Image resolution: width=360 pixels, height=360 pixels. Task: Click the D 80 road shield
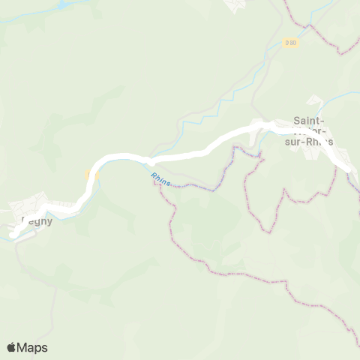tap(290, 43)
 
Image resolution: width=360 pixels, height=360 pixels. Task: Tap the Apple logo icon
tap(12, 347)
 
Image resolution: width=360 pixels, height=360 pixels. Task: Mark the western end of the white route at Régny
tap(13, 235)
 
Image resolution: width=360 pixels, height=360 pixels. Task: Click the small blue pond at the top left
tap(64, 4)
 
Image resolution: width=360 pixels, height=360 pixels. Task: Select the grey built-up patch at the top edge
tap(237, 5)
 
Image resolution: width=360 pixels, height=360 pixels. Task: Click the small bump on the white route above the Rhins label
tap(150, 160)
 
